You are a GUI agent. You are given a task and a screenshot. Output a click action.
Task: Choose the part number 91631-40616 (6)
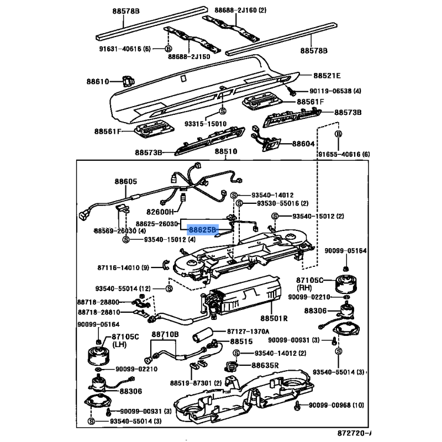[125, 49]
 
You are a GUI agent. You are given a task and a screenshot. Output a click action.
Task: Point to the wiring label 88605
[125, 181]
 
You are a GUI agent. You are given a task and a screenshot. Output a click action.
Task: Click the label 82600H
[160, 212]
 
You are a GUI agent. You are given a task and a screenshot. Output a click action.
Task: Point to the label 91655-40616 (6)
[343, 155]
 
